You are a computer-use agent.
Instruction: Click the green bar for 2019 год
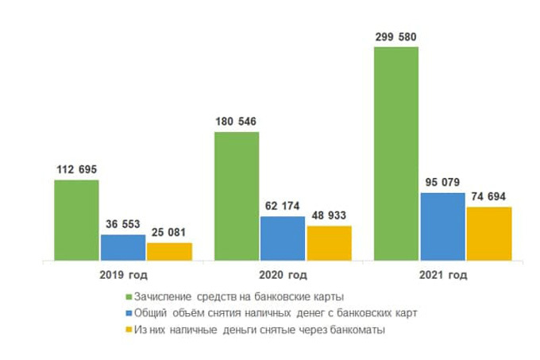(x=76, y=220)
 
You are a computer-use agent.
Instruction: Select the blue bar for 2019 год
(x=122, y=247)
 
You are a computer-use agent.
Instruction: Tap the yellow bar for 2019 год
(x=169, y=251)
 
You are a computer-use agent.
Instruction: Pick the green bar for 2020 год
(x=237, y=195)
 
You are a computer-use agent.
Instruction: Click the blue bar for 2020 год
(x=283, y=238)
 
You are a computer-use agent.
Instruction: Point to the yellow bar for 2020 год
(x=329, y=243)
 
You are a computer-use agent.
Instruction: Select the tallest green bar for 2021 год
(x=396, y=153)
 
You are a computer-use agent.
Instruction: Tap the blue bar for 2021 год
(x=442, y=226)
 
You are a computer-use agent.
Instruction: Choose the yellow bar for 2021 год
(x=489, y=234)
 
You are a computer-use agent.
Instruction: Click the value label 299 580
(x=395, y=37)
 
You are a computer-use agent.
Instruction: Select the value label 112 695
(x=76, y=169)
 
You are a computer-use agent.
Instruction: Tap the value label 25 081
(x=169, y=233)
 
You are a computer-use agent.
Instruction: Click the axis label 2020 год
(x=283, y=275)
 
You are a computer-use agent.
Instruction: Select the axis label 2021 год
(x=442, y=275)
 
